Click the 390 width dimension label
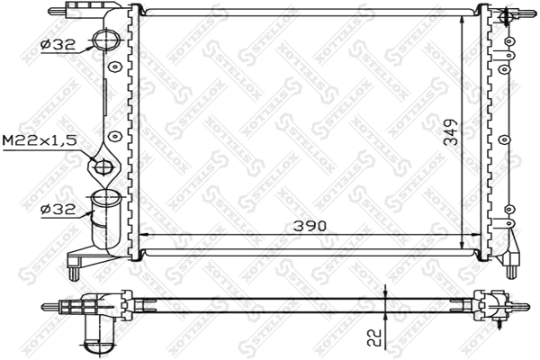coord(310,226)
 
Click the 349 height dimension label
coord(450,132)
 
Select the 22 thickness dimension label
coord(374,338)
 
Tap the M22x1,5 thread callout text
coord(39,140)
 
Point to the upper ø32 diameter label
coord(58,45)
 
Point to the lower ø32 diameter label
coord(58,209)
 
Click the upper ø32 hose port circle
coord(106,40)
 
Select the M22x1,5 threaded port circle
coord(104,167)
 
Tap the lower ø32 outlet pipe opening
coord(105,197)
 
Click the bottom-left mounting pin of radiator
coord(74,272)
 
